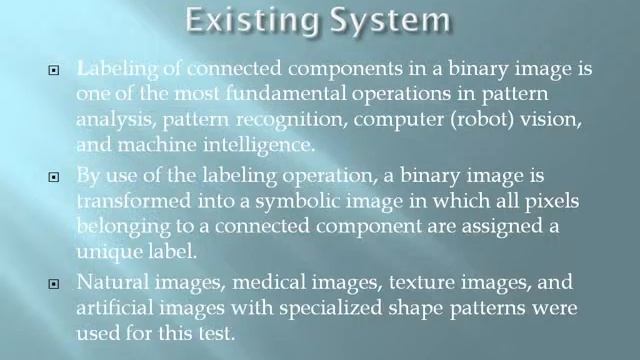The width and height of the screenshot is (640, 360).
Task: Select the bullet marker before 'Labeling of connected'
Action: [x=55, y=72]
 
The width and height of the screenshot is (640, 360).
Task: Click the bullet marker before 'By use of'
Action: [x=55, y=176]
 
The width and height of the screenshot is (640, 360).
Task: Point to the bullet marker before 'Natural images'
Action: [x=55, y=282]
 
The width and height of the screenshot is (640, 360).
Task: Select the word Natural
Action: [x=113, y=282]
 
